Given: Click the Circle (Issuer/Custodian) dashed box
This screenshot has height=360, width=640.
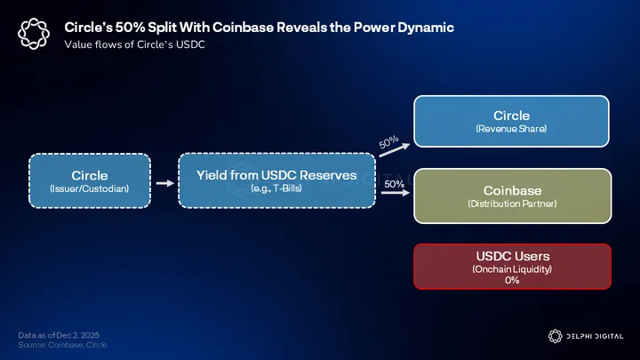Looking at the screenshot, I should [89, 180].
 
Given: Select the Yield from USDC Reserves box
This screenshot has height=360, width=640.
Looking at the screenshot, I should [276, 180].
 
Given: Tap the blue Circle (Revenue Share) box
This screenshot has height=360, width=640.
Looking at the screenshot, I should [511, 121].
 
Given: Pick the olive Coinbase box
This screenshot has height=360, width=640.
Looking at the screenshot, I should [511, 196].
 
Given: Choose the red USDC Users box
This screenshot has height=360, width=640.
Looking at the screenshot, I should [513, 266].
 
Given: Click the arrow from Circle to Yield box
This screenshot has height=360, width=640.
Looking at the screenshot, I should [163, 183].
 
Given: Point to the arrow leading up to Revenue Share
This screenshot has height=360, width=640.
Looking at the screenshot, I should [392, 150].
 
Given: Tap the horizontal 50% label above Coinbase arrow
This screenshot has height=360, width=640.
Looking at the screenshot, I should [395, 184].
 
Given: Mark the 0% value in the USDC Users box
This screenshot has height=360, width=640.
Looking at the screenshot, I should [512, 280].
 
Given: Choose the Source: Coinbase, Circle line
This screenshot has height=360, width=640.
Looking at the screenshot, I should [62, 344].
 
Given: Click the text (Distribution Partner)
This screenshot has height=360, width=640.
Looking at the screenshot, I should [512, 204].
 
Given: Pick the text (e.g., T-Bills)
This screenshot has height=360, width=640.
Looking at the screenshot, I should [276, 188].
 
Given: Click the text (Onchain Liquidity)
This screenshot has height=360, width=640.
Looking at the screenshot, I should [512, 268].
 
